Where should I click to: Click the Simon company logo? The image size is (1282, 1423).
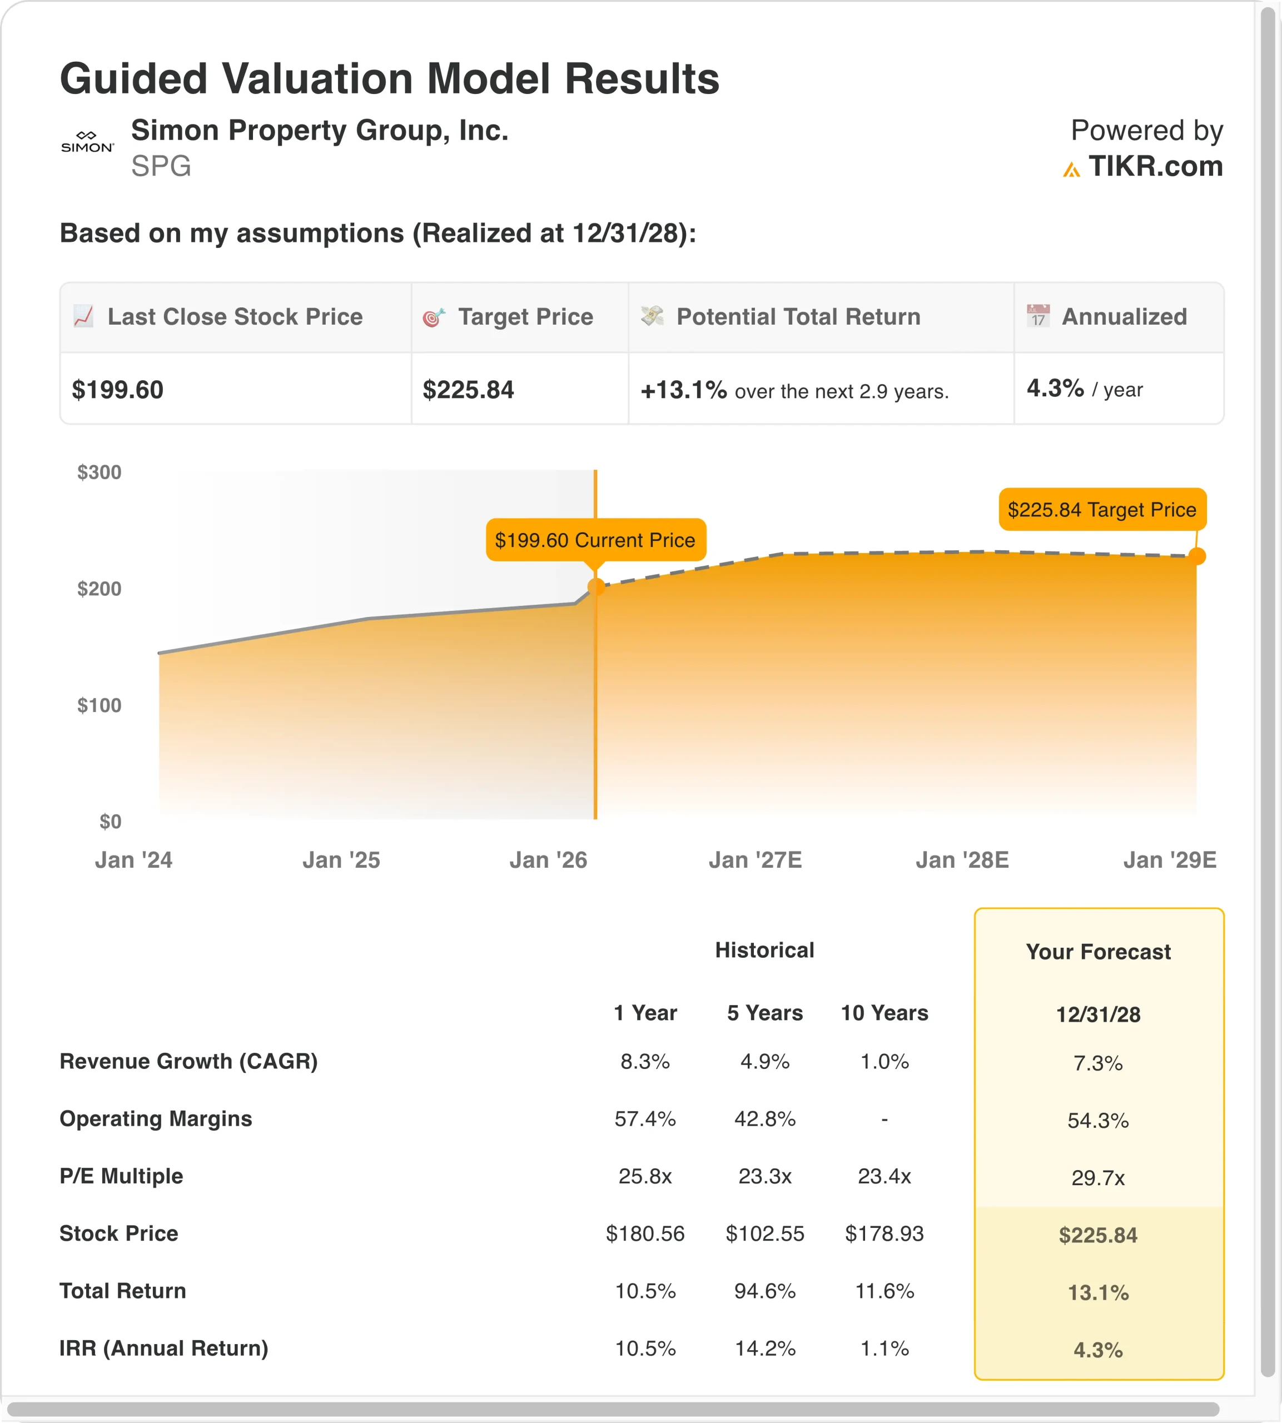[87, 142]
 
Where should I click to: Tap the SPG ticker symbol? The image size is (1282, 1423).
[161, 166]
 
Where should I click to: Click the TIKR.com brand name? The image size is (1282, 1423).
[1155, 167]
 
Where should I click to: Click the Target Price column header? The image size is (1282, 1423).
[525, 317]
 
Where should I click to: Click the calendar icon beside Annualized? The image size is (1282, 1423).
[1037, 316]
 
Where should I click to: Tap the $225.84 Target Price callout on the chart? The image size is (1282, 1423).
[1102, 510]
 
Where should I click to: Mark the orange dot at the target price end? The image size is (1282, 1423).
[1196, 556]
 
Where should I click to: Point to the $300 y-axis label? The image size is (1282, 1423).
[100, 472]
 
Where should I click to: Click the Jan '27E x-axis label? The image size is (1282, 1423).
[755, 860]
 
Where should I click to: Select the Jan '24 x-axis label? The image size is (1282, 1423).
[134, 860]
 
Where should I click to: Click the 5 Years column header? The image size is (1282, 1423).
[764, 1013]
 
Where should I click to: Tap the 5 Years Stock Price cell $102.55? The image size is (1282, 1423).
[764, 1233]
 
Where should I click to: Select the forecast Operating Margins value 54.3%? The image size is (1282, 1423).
[1097, 1120]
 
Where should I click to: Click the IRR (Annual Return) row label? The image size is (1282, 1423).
[163, 1349]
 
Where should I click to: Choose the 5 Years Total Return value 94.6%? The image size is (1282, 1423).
[764, 1291]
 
